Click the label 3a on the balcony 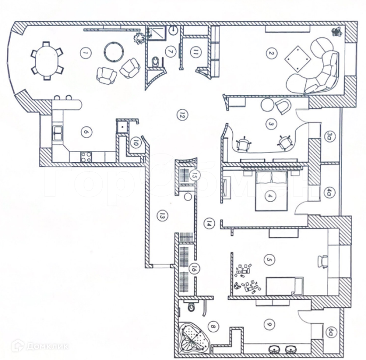(330, 137)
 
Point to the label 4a (330, 191)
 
